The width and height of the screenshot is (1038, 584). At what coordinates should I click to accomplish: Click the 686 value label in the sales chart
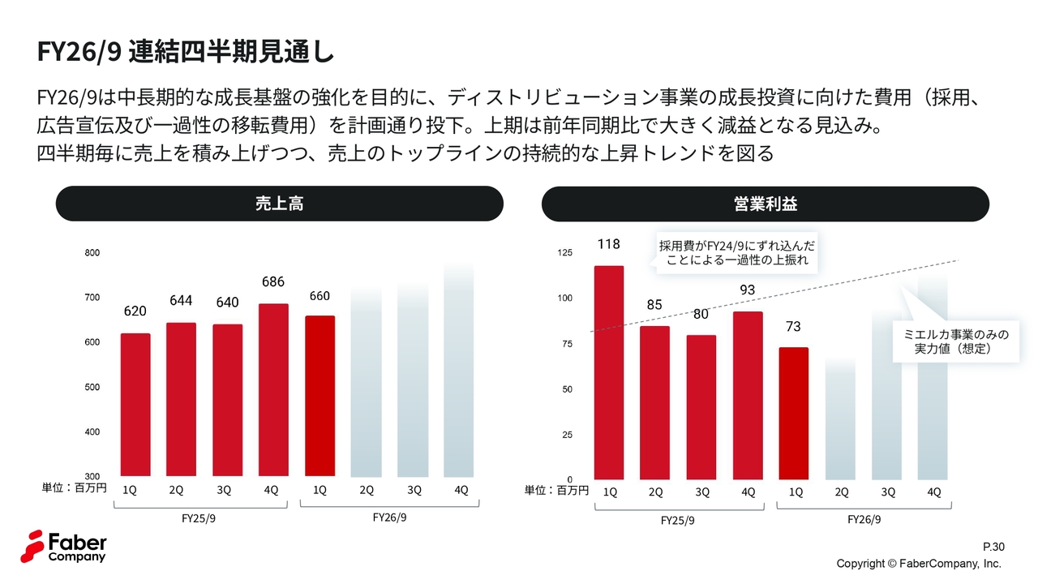[x=273, y=282]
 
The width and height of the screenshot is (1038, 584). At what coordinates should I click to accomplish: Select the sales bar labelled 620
[x=135, y=405]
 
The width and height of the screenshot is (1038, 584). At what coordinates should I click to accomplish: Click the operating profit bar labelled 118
[x=609, y=372]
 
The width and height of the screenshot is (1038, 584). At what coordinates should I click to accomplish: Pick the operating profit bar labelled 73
[x=794, y=413]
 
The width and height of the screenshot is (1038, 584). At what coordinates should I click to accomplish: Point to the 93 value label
[x=748, y=290]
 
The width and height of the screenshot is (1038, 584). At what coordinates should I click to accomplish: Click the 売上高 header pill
[x=279, y=204]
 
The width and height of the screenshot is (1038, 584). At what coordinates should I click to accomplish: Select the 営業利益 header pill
[x=765, y=204]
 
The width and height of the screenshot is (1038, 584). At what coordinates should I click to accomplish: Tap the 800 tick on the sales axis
[x=92, y=253]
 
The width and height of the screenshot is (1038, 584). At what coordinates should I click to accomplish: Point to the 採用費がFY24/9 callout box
[x=736, y=252]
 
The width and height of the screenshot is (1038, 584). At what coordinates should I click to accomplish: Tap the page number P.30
[x=993, y=547]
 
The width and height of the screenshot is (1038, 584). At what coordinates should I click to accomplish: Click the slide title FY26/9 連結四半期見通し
[x=185, y=52]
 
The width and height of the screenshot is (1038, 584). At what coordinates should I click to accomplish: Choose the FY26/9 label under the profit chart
[x=864, y=519]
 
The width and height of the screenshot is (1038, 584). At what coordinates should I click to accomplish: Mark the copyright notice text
[x=919, y=564]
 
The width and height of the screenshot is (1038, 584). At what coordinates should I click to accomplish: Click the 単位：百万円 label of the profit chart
[x=556, y=490]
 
